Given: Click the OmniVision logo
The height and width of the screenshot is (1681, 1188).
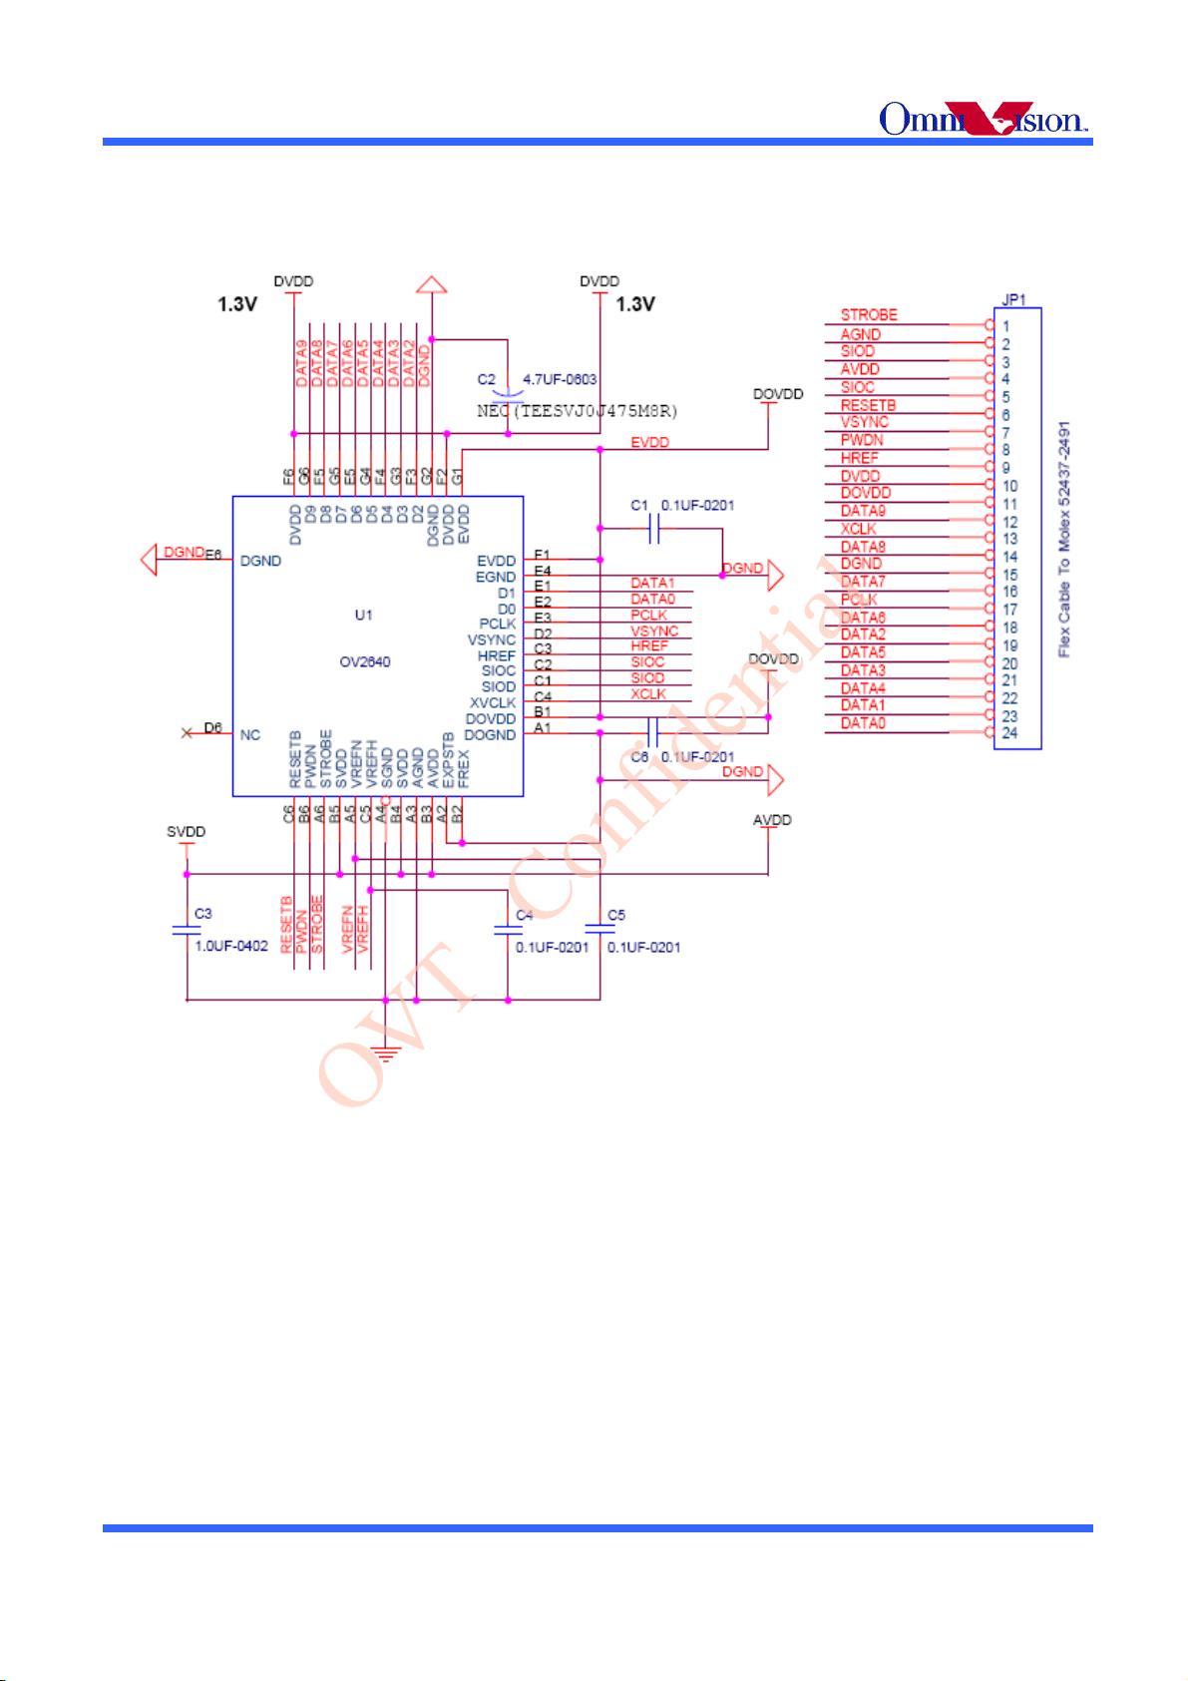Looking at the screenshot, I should (983, 119).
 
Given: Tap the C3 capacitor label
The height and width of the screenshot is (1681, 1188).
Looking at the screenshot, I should (202, 913).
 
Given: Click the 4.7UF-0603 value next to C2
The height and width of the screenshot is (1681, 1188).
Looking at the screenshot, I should (560, 380).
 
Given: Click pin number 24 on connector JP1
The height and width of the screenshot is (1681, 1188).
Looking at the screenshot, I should (1009, 733).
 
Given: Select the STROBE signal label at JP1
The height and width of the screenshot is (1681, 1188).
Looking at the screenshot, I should (868, 314).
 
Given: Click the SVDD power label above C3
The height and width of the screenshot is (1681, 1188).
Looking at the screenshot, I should (186, 832).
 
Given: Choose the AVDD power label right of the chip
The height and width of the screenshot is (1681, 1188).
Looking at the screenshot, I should (771, 820).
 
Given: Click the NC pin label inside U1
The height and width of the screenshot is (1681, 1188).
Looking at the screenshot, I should (250, 735).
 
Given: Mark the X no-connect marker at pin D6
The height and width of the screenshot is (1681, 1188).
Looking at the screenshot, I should (186, 733).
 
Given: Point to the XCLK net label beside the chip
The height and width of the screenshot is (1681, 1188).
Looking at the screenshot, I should (647, 694).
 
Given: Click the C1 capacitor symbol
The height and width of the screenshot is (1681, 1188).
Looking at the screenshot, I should (655, 531).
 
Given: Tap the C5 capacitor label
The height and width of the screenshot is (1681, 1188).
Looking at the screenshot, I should (615, 915).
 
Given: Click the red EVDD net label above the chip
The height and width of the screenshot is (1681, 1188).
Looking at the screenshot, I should (649, 442).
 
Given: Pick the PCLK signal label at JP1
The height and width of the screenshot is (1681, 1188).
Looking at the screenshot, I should (859, 600).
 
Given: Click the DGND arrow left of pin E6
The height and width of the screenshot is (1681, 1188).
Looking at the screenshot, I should (150, 560).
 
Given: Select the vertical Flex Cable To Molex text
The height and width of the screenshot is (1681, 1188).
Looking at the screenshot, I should (1064, 539).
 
